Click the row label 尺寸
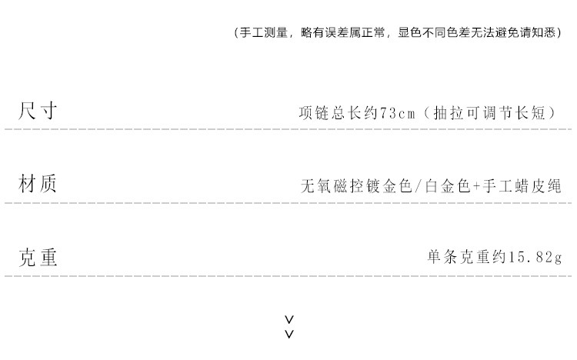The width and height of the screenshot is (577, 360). pos(38,111)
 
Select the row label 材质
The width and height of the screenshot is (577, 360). pos(38,185)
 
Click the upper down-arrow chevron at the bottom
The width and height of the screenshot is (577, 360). pos(289,319)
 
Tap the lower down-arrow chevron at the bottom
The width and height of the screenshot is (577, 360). pos(289,334)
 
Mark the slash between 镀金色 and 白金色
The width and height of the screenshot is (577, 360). pos(417,186)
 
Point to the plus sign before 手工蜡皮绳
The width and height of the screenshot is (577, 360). pos(477,186)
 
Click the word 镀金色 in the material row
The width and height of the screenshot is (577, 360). pos(387,186)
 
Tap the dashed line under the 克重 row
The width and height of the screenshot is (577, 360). pos(288,277)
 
